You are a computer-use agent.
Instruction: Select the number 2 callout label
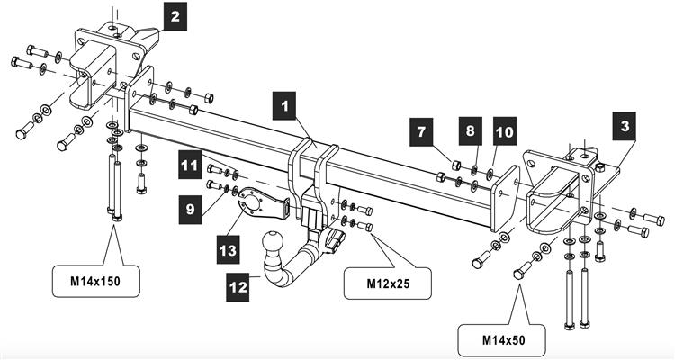click(x=175, y=14)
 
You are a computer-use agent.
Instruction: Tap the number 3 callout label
click(x=625, y=127)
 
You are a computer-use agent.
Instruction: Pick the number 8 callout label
click(x=468, y=131)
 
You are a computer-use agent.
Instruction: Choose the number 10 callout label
click(x=504, y=131)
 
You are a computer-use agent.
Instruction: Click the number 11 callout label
click(x=189, y=165)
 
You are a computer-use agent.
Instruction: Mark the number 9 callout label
click(x=189, y=209)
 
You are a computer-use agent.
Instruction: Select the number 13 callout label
click(x=229, y=244)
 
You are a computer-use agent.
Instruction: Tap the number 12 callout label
click(x=239, y=287)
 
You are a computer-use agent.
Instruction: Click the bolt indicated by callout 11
click(x=214, y=168)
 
